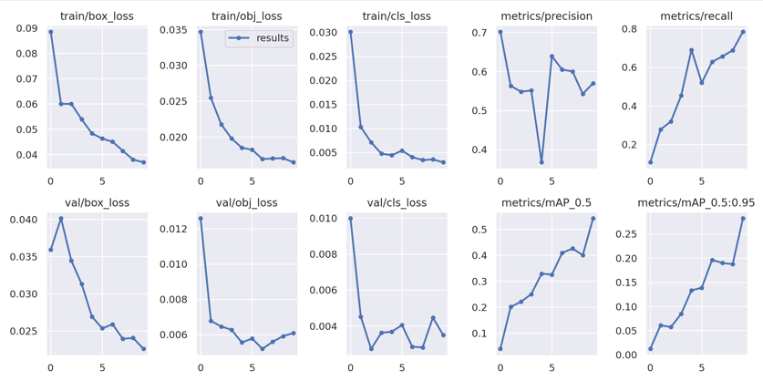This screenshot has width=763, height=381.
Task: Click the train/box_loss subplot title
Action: point(97,15)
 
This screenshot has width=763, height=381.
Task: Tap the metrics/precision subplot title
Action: point(546,15)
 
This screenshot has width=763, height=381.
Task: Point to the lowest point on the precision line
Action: point(541,162)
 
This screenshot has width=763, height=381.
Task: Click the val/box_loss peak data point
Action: point(61,219)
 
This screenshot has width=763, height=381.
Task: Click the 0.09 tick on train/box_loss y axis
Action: point(26,28)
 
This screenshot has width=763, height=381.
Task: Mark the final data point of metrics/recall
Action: point(743,32)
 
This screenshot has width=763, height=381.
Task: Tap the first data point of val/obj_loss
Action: point(201,219)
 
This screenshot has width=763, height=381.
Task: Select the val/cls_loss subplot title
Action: point(397,202)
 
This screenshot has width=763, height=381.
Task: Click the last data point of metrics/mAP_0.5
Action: point(593,219)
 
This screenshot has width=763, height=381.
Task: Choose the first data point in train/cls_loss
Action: point(350,32)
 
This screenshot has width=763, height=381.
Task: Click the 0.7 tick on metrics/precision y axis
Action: point(478,33)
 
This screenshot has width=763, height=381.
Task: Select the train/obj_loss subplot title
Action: point(247,15)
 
